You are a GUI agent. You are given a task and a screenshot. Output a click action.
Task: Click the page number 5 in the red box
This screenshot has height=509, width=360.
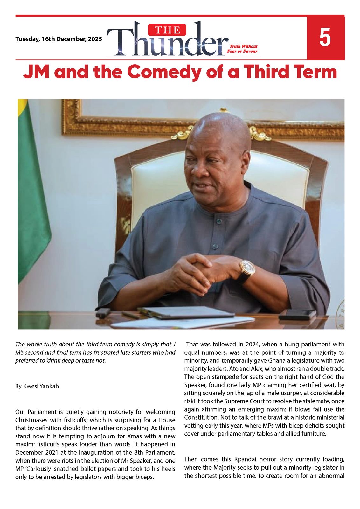325,38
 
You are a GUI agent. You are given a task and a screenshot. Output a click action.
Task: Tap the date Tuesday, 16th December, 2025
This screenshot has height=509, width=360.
59,39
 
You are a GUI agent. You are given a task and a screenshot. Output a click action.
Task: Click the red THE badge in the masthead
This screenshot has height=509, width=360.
167,30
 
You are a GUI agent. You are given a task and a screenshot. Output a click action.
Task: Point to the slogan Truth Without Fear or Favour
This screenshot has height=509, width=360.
242,49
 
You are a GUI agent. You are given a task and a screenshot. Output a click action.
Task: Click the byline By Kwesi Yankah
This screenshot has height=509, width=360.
37,386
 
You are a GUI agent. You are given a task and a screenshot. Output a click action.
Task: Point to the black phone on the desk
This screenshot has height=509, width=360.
297,314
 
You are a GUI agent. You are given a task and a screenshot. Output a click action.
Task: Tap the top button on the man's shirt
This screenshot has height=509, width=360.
218,221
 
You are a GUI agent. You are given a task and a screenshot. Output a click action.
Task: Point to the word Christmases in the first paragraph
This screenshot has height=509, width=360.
31,420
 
